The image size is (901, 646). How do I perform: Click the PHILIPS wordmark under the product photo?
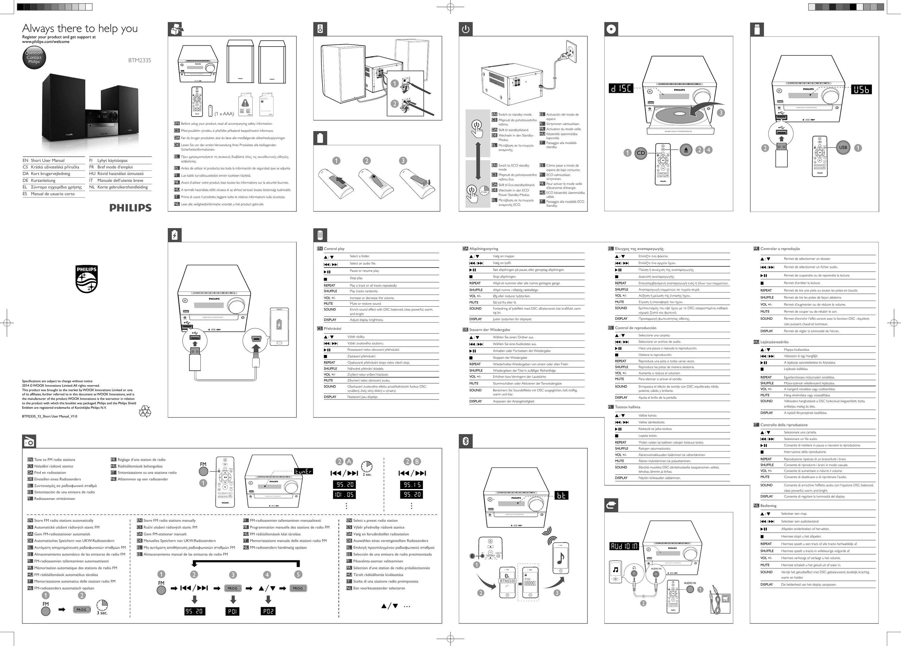(x=130, y=207)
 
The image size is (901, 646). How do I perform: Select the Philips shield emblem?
(x=86, y=279)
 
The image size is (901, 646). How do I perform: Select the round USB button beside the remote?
(x=843, y=148)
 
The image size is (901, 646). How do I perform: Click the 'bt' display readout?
(x=561, y=495)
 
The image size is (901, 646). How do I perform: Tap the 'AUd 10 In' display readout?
(x=624, y=546)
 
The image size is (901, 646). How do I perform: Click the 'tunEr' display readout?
(x=303, y=471)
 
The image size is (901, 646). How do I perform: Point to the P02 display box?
(x=268, y=611)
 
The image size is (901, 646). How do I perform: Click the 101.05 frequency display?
(x=344, y=494)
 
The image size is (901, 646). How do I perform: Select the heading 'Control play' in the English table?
(x=334, y=249)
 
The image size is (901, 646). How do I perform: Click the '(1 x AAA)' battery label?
(x=224, y=114)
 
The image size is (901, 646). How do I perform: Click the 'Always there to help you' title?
(x=80, y=28)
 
